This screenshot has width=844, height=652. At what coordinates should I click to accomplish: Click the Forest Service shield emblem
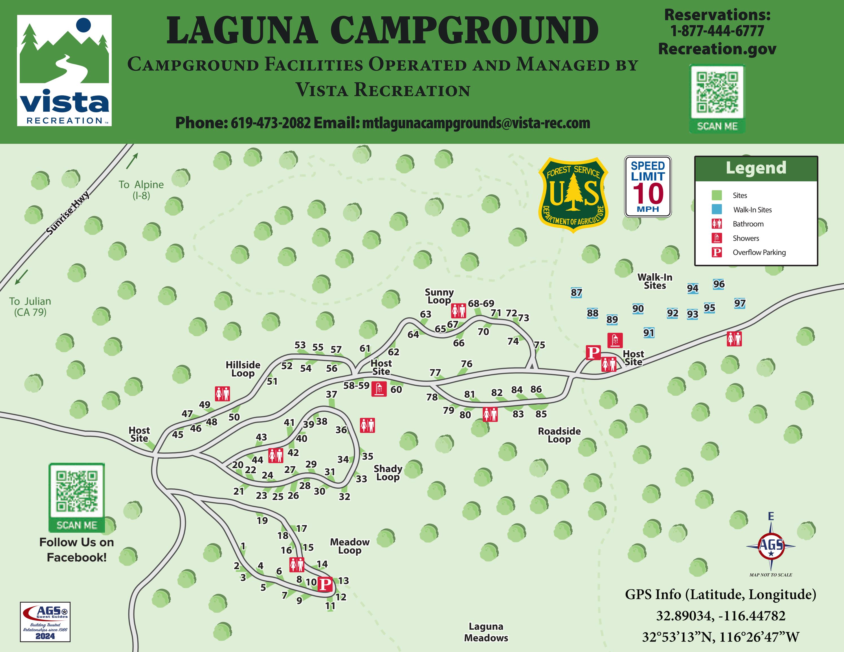coord(573,194)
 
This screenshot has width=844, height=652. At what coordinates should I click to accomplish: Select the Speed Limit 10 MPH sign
coord(648,187)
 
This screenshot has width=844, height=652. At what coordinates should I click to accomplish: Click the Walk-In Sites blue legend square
coord(716,209)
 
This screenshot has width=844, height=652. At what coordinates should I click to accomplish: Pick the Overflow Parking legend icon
coord(716,252)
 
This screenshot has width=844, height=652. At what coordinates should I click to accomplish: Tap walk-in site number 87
coord(576,293)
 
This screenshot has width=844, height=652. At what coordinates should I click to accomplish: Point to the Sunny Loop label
coord(439,296)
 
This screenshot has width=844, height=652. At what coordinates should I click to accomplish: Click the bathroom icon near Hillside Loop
coord(223,394)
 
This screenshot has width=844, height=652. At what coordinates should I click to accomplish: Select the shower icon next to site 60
coord(379,389)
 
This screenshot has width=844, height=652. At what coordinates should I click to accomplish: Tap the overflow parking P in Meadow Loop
coord(325,584)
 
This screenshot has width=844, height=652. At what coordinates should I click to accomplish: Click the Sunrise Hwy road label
coord(68,213)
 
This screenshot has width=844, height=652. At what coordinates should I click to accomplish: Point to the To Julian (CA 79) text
coord(30,307)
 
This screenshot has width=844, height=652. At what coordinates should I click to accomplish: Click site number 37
coord(331,394)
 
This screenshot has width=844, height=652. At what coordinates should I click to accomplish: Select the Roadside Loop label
coord(559,435)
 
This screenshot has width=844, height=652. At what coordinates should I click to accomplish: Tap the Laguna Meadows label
coord(486,632)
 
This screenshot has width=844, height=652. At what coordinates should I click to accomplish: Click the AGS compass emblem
coord(771,546)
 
